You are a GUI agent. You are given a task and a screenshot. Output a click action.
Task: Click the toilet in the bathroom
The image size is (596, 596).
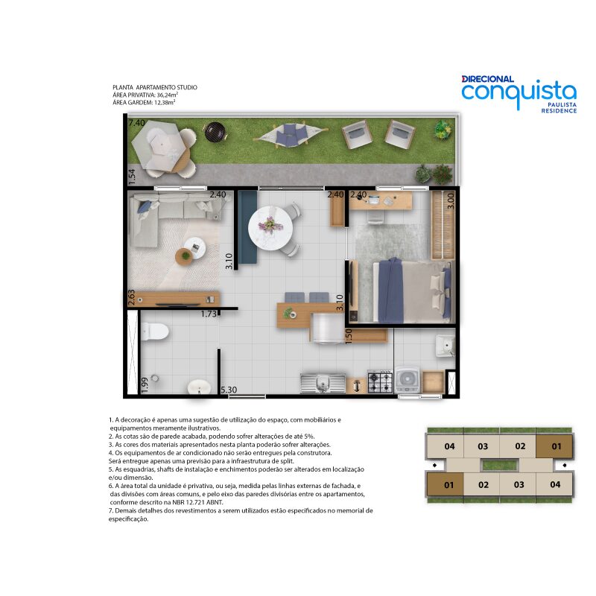[154, 331]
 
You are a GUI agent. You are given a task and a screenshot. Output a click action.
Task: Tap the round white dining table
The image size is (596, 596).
[270, 228]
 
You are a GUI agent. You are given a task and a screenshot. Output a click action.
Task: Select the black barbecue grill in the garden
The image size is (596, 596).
[215, 132]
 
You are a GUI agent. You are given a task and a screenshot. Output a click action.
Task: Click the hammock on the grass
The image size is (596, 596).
[291, 135]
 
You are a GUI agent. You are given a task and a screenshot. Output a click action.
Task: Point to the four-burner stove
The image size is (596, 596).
[380, 381]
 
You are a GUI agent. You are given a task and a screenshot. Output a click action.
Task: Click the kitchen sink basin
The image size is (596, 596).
[323, 383]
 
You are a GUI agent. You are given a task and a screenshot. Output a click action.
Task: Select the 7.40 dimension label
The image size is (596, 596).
[137, 123]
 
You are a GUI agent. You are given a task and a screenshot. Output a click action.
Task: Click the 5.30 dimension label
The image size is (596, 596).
[229, 390]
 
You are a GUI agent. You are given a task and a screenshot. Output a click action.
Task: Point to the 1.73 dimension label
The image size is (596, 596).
[209, 314]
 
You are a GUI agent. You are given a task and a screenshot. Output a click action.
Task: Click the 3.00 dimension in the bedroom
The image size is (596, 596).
[451, 200]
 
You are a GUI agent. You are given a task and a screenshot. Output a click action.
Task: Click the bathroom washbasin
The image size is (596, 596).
[199, 387]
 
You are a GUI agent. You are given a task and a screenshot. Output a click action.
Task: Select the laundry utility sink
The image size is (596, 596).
[445, 346]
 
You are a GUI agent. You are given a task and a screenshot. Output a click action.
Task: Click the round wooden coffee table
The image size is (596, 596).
[185, 256]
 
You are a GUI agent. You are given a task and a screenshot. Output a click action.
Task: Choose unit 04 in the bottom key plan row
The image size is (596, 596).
[554, 484]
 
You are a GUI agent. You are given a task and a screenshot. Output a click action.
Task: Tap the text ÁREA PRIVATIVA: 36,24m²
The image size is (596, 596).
[145, 95]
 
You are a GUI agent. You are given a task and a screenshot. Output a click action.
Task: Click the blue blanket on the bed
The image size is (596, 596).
[390, 291]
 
